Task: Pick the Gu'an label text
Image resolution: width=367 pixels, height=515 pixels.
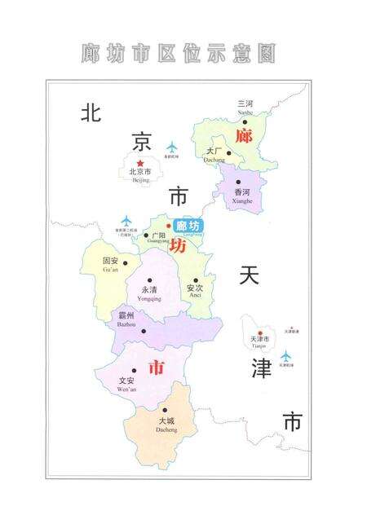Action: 110,264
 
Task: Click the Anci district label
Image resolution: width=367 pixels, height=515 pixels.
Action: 194,290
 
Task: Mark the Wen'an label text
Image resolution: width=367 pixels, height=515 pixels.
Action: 126,382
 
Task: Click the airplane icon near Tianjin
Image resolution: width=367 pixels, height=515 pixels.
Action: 286,357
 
